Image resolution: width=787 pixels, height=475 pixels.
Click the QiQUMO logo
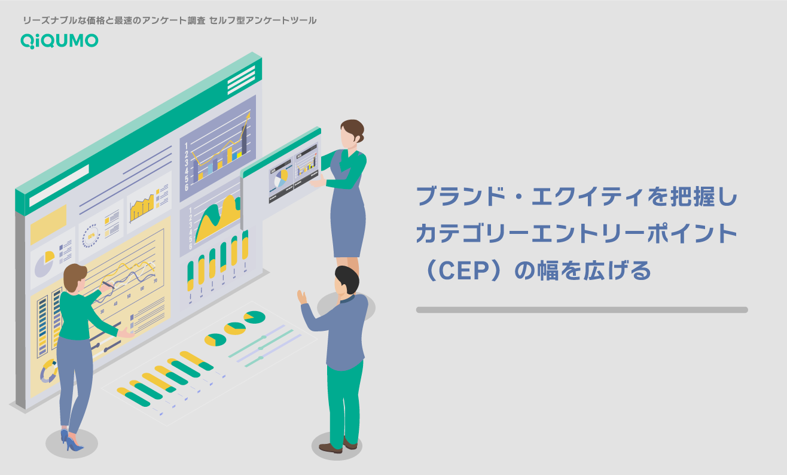[59, 40]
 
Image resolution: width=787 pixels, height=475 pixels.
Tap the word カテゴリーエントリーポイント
[576, 235]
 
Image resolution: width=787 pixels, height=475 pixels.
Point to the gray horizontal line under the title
[581, 310]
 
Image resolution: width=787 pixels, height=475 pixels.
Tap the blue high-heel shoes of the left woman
[71, 440]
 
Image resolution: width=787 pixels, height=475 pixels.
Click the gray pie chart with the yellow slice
[43, 264]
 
